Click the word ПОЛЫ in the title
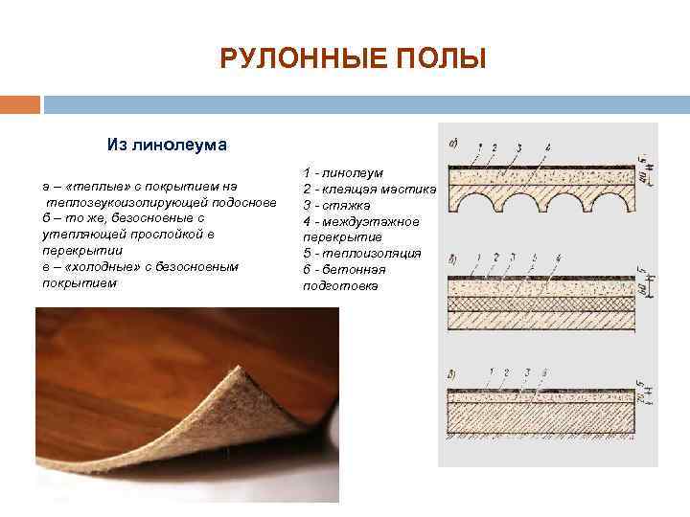pyautogui.click(x=444, y=60)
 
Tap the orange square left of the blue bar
pyautogui.click(x=20, y=103)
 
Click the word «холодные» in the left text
pyautogui.click(x=103, y=266)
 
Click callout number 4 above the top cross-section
pyautogui.click(x=548, y=146)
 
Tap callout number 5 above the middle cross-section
pyautogui.click(x=534, y=258)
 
